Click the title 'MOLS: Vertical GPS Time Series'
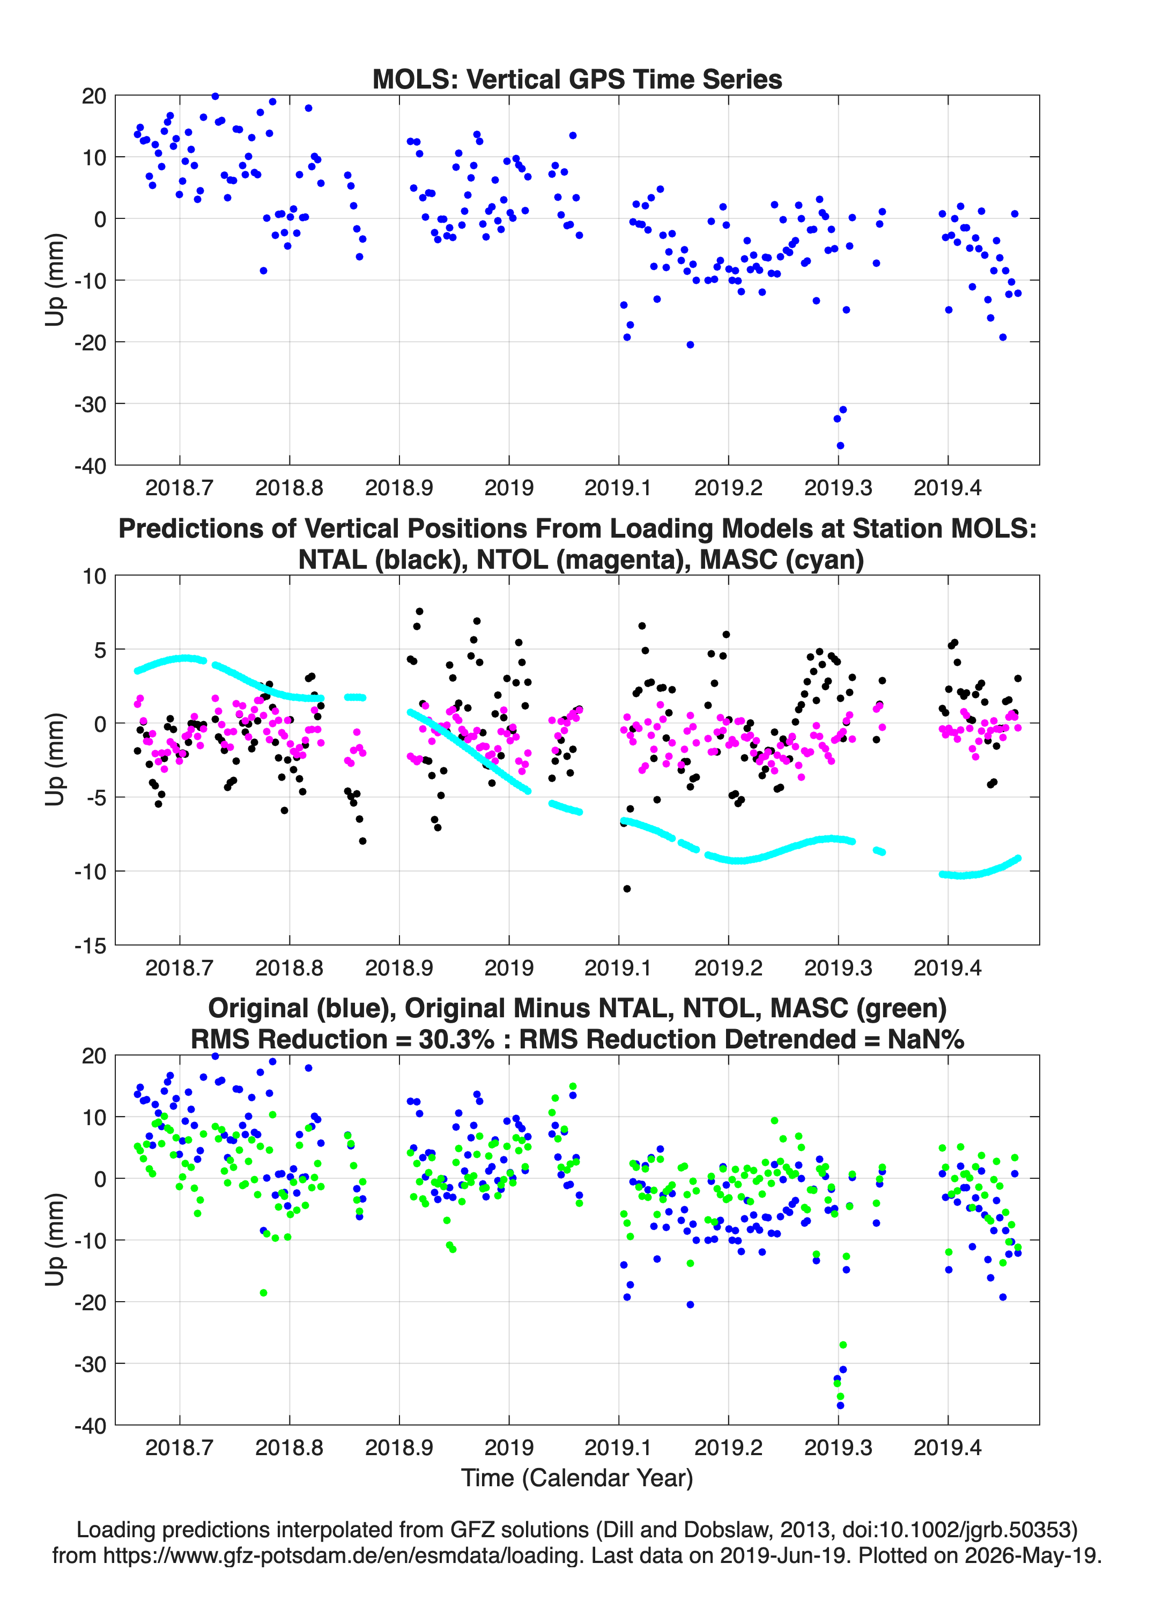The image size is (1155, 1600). tap(577, 79)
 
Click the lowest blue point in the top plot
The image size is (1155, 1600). tap(840, 446)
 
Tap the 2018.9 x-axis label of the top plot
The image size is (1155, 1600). tap(399, 488)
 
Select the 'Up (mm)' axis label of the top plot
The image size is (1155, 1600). tap(55, 280)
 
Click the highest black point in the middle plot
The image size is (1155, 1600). tap(419, 612)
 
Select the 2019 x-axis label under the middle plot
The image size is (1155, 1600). tap(509, 967)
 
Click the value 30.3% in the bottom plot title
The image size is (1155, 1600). tap(456, 1039)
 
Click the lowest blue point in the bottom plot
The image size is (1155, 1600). tap(840, 1405)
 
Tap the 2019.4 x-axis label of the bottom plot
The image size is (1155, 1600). tap(947, 1447)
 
